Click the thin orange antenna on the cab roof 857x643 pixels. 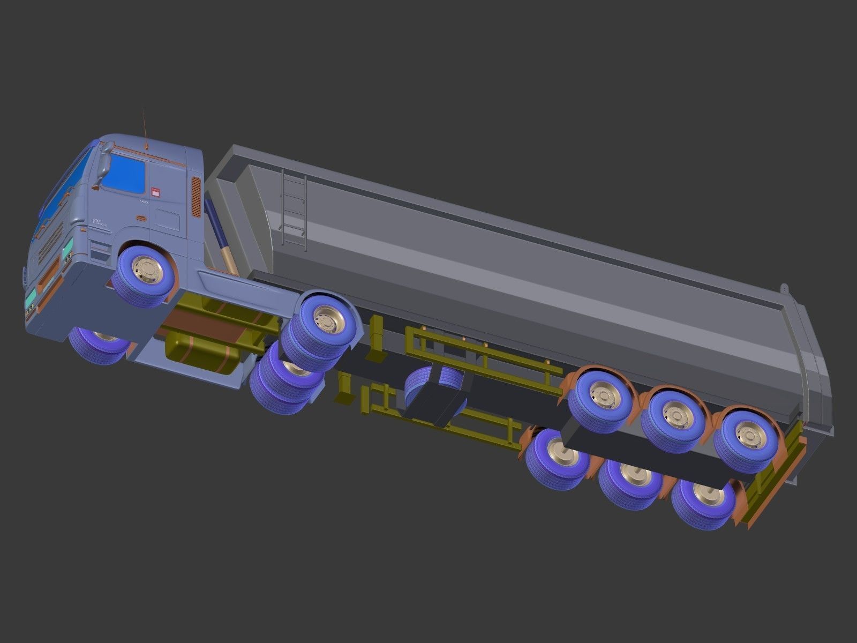[x=145, y=129]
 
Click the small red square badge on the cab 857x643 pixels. [x=156, y=190]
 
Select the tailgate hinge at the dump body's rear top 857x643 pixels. [x=784, y=289]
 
